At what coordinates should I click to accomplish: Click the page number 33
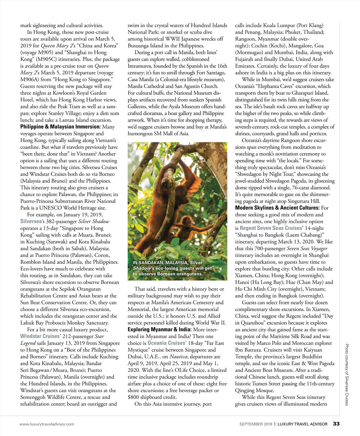click(336, 424)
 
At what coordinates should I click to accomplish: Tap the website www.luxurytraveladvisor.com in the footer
click(47, 424)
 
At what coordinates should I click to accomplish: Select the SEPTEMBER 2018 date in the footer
click(256, 424)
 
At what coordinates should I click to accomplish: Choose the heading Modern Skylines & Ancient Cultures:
click(277, 208)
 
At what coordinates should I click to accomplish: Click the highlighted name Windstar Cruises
click(40, 336)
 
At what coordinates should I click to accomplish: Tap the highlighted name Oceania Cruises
click(166, 343)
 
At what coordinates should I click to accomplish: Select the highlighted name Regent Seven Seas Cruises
click(271, 228)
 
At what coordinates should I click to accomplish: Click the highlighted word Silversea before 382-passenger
click(31, 221)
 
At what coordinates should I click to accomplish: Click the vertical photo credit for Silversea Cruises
click(346, 375)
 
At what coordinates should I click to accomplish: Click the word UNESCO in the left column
click(53, 208)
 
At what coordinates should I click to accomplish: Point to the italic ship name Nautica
click(178, 357)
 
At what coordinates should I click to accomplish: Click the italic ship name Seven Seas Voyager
click(307, 248)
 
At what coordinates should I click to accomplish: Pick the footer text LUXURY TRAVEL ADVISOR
click(302, 424)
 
